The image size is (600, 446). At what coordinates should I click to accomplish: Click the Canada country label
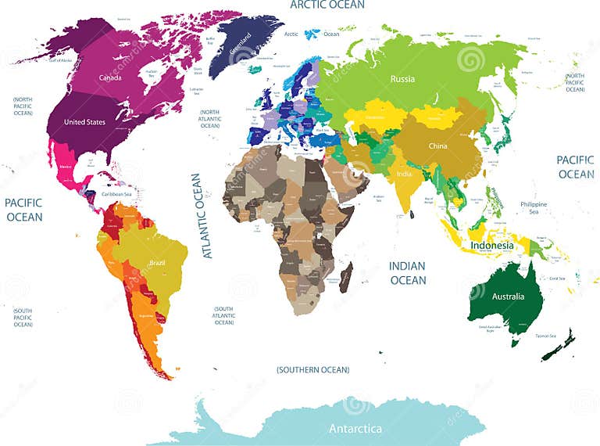click(109, 77)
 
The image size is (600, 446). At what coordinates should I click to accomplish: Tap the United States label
click(84, 122)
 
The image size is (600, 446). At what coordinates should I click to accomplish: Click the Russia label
click(402, 79)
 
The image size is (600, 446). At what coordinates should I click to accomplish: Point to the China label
click(437, 146)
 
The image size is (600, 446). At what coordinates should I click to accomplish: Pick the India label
click(404, 174)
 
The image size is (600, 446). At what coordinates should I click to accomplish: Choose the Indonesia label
click(492, 245)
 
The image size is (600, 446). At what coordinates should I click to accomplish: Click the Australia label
click(507, 297)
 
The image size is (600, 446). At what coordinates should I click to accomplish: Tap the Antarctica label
click(355, 429)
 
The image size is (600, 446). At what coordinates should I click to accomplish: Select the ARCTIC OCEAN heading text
click(327, 5)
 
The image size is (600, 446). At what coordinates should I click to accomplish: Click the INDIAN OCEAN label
click(408, 273)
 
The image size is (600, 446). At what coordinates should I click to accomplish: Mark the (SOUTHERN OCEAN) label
click(313, 369)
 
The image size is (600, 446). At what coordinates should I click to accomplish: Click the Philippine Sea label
click(534, 208)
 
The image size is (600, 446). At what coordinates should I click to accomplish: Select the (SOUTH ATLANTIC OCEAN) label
click(224, 315)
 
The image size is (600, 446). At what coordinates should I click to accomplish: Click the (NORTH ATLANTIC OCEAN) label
click(210, 119)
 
